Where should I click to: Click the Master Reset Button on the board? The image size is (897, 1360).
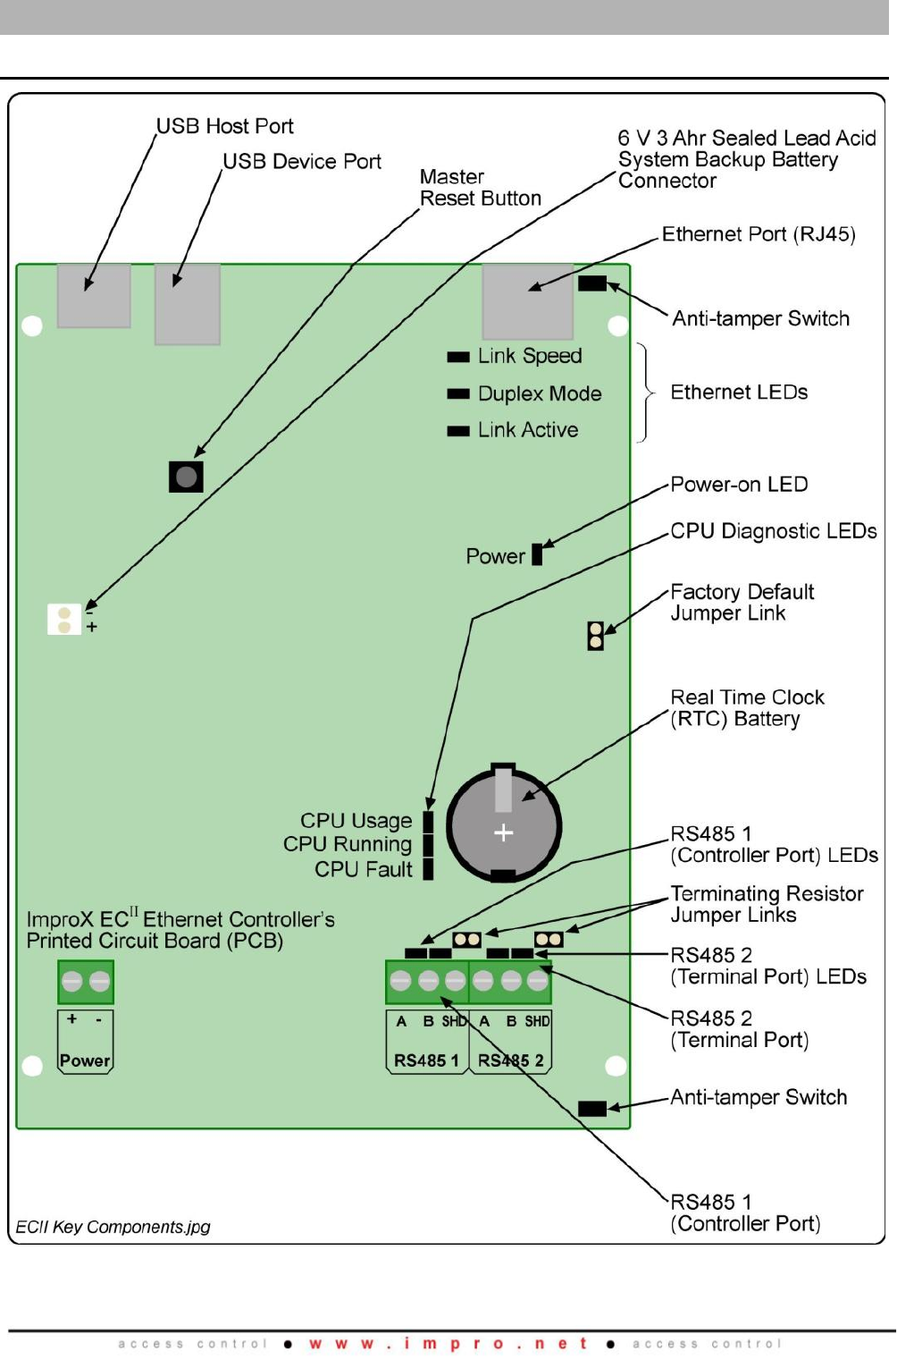pyautogui.click(x=186, y=477)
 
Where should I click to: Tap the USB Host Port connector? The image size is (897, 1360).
pyautogui.click(x=94, y=296)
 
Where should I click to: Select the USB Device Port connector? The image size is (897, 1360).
pyautogui.click(x=188, y=304)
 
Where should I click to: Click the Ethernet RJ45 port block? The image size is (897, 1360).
pyautogui.click(x=528, y=301)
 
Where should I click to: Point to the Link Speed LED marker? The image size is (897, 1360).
pyautogui.click(x=458, y=357)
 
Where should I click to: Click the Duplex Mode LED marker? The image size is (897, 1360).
pyautogui.click(x=458, y=394)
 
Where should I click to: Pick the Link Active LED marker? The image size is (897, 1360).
pyautogui.click(x=458, y=431)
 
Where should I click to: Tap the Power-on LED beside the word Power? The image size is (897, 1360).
pyautogui.click(x=537, y=554)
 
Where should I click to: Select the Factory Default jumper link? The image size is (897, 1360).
pyautogui.click(x=596, y=636)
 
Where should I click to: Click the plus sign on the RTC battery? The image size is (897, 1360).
pyautogui.click(x=503, y=832)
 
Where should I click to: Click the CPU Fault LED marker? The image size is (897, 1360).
pyautogui.click(x=428, y=869)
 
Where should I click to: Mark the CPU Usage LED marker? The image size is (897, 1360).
pyautogui.click(x=428, y=822)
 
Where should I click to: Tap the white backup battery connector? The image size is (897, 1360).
pyautogui.click(x=64, y=620)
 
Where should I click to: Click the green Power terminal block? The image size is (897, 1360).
pyautogui.click(x=86, y=982)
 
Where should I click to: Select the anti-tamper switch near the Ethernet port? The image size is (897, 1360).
pyautogui.click(x=592, y=283)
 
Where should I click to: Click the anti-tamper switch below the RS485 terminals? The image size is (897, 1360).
pyautogui.click(x=592, y=1109)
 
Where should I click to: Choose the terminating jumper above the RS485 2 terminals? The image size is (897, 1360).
pyautogui.click(x=549, y=939)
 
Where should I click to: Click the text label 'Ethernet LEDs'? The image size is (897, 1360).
pyautogui.click(x=739, y=393)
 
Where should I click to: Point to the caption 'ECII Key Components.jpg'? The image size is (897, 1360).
pyautogui.click(x=113, y=1227)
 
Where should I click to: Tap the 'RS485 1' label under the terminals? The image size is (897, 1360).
pyautogui.click(x=426, y=1060)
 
